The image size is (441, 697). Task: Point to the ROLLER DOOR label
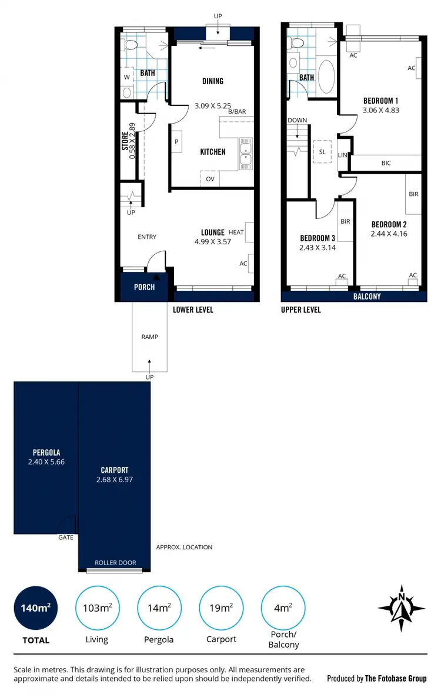[115, 563]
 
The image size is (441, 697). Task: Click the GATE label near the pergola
[65, 537]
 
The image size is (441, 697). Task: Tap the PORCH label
[144, 287]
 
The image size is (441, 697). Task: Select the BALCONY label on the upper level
[367, 297]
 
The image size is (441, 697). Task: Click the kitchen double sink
[246, 151]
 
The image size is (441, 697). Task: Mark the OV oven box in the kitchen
[210, 180]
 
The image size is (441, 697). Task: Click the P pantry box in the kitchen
[176, 142]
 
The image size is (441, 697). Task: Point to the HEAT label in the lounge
[236, 233]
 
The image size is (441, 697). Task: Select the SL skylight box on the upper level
[322, 151]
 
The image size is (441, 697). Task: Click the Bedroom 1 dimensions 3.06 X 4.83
[380, 109]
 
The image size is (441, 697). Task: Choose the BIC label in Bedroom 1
[386, 163]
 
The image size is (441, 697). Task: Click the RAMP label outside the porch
[149, 337]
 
